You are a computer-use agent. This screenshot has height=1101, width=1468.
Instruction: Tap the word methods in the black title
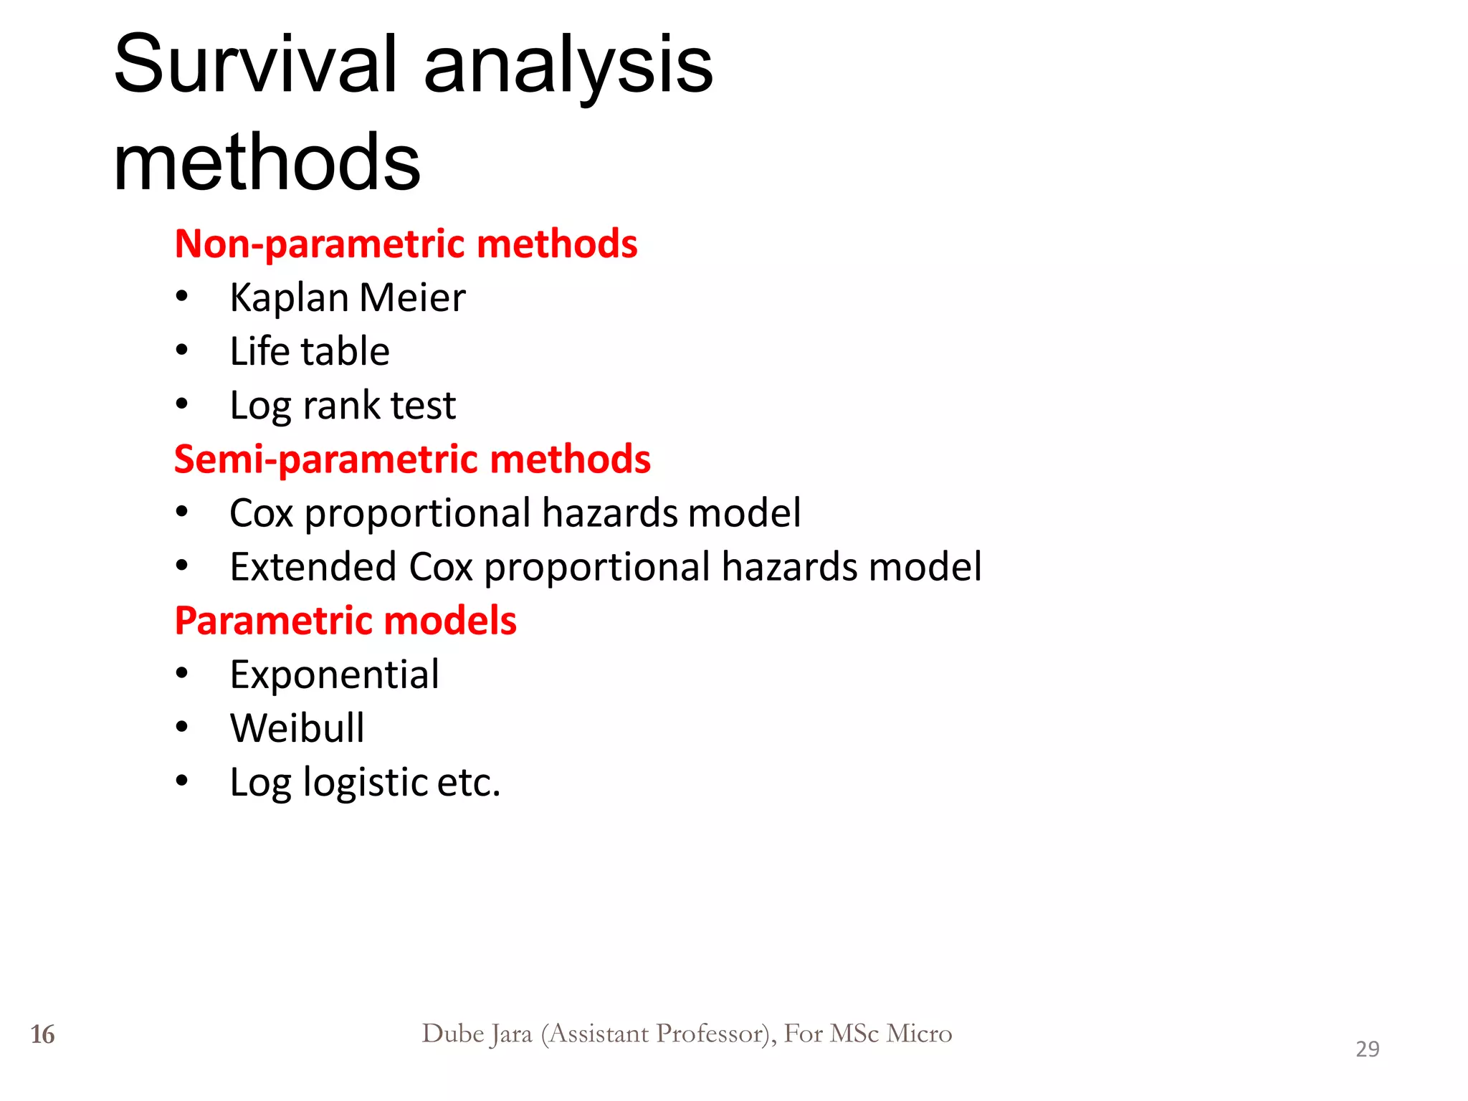point(267,163)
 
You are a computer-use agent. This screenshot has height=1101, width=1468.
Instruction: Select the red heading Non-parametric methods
point(406,244)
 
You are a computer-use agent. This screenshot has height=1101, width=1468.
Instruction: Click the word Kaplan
point(289,298)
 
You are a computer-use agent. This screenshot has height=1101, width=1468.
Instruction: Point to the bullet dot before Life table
point(182,351)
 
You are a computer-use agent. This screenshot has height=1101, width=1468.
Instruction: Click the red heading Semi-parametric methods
point(412,459)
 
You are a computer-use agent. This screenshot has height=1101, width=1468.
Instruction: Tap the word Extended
point(313,567)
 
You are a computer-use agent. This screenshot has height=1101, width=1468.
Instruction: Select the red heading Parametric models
point(345,621)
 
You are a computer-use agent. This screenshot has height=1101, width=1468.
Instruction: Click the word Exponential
point(334,675)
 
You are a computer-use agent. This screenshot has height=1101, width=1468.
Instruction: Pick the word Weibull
point(297,728)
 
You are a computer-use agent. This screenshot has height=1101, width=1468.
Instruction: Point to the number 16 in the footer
point(42,1034)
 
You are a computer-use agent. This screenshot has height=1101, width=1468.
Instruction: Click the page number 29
point(1367,1049)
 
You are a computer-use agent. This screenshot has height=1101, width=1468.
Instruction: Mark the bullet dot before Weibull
point(182,728)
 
